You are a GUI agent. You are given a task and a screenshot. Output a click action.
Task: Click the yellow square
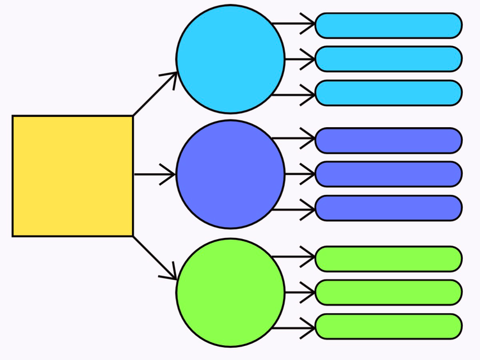point(72,176)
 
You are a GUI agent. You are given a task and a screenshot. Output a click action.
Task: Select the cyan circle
point(230,59)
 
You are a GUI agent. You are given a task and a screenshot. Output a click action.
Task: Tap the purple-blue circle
point(230,174)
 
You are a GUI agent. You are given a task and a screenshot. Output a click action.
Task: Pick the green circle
point(230,292)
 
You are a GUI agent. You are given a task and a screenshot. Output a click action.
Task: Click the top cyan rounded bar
point(388,25)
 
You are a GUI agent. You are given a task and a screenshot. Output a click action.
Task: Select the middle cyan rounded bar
point(388,59)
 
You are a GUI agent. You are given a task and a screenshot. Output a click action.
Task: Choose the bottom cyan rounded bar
point(388,93)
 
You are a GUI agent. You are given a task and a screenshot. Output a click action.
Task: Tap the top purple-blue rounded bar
point(388,141)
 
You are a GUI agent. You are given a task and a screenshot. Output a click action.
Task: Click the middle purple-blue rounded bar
point(388,174)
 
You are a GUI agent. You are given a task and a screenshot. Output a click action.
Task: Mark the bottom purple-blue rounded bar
point(388,208)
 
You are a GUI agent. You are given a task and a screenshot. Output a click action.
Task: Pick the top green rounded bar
point(388,258)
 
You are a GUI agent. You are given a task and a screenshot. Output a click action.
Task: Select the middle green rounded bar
point(388,292)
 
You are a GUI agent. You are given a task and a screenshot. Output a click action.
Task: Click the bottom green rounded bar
point(388,326)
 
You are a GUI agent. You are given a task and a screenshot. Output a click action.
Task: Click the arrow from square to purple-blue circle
point(154,174)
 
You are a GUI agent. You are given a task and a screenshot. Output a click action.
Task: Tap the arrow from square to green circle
point(155,258)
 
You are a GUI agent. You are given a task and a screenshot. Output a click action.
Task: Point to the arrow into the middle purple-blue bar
point(300,174)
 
